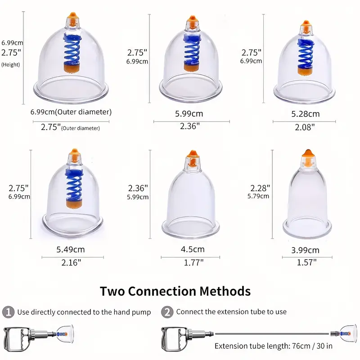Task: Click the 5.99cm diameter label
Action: (189, 114)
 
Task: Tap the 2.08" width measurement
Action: (305, 127)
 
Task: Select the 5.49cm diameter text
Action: (71, 250)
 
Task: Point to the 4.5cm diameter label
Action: (193, 249)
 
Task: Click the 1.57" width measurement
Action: (307, 262)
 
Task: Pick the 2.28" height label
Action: (260, 188)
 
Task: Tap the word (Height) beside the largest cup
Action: (10, 64)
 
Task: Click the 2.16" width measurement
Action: (71, 262)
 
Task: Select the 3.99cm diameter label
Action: (305, 250)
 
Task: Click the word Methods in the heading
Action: (225, 291)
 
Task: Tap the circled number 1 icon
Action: (8, 312)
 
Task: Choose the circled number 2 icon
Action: (167, 312)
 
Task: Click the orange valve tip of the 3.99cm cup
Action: (307, 153)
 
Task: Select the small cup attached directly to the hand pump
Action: (65, 334)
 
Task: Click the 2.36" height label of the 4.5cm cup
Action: (138, 188)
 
